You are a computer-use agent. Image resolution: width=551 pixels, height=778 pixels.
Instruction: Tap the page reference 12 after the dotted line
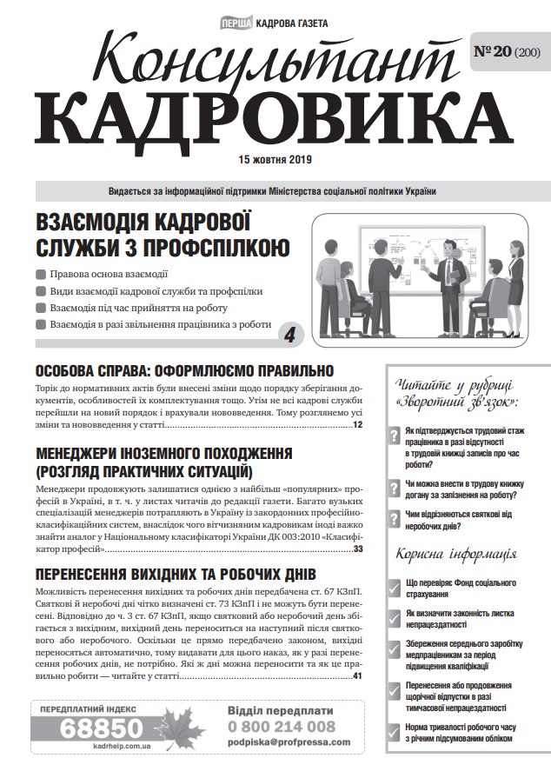pyautogui.click(x=357, y=425)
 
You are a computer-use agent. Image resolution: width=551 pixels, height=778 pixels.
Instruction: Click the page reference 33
pyautogui.click(x=357, y=549)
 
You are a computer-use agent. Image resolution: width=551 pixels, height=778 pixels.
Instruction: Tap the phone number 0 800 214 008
pyautogui.click(x=281, y=726)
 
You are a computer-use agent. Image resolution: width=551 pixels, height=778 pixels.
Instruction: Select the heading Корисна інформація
pyautogui.click(x=456, y=553)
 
